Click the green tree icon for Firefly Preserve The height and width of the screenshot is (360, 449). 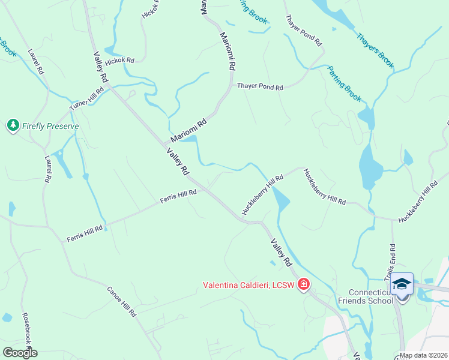(x=13, y=125)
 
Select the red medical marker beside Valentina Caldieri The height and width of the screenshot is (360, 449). (x=304, y=284)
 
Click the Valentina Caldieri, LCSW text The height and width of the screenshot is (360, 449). (x=248, y=284)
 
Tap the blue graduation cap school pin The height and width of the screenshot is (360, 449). (x=402, y=284)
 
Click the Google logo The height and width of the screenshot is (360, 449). (x=20, y=352)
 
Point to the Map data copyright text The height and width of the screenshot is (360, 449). (x=423, y=355)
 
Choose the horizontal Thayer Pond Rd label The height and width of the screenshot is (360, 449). (x=259, y=87)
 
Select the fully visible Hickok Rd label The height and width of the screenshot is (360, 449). (x=119, y=61)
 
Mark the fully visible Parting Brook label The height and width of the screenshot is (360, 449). (x=345, y=83)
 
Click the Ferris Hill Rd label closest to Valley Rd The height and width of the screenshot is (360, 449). (x=178, y=196)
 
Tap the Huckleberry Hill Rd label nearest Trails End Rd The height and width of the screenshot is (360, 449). (x=417, y=202)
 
